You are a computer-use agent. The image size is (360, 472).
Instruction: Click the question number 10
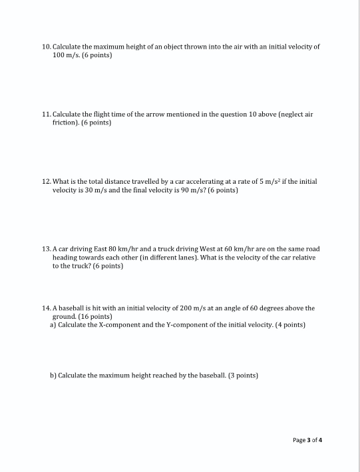[x=46, y=47]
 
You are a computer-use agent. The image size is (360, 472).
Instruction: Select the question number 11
[x=46, y=115]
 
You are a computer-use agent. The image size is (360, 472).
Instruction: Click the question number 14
[x=46, y=309]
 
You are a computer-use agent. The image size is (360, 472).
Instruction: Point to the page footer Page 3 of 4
[x=311, y=439]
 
